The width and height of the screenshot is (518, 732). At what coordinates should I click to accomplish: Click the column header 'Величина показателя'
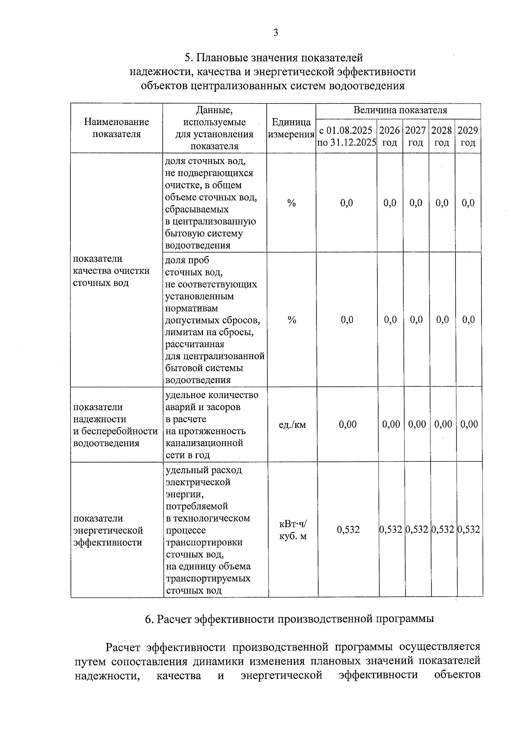[400, 110]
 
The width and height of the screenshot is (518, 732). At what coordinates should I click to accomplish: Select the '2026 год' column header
[389, 136]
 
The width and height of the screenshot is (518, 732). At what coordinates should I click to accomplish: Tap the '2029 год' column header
[467, 136]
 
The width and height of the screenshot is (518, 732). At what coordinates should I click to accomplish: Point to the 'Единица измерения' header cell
[291, 128]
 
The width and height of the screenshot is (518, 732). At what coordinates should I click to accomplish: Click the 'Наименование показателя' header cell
[117, 128]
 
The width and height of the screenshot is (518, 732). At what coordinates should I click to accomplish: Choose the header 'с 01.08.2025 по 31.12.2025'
[346, 136]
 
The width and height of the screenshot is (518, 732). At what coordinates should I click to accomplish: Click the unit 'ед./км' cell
[292, 425]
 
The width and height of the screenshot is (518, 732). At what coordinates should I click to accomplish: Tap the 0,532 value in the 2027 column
[417, 530]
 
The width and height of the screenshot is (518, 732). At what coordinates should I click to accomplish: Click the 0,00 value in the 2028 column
[443, 424]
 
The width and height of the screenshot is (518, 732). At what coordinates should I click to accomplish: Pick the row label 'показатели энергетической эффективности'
[108, 530]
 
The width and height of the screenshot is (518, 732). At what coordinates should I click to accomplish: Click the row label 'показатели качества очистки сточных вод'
[111, 271]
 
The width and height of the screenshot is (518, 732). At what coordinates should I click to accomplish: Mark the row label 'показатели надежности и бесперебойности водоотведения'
[115, 425]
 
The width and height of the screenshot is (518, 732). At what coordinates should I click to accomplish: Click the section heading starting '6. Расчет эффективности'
[289, 619]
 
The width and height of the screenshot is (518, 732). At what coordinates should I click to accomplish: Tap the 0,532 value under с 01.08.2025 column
[348, 530]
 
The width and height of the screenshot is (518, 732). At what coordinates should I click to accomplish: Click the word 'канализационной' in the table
[204, 443]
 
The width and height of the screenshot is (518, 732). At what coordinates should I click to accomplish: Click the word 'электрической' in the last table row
[198, 482]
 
